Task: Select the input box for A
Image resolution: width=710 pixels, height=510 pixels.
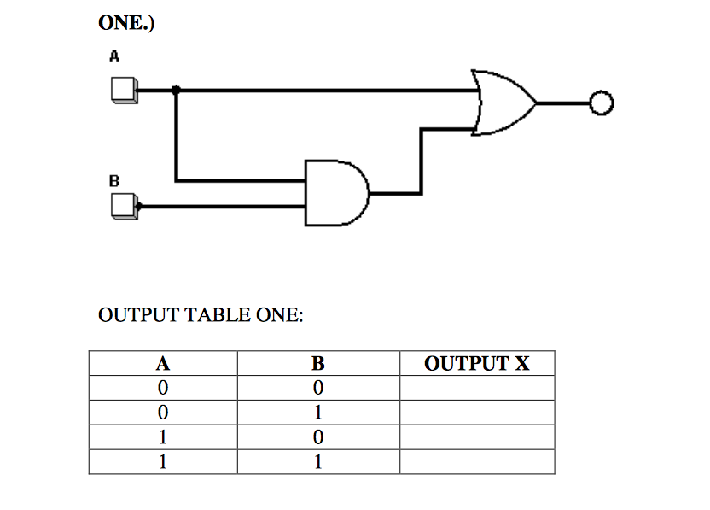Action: (x=124, y=90)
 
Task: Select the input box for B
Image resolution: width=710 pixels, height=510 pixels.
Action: (x=124, y=206)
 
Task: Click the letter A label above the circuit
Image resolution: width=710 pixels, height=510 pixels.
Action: (x=113, y=57)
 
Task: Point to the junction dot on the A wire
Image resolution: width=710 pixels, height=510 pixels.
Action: (x=176, y=89)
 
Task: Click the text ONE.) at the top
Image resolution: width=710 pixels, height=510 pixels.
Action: (x=127, y=23)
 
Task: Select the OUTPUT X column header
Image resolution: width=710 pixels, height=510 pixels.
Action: (x=477, y=364)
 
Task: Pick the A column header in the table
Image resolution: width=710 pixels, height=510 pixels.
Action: (x=163, y=364)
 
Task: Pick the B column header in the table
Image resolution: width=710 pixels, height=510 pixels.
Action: (x=318, y=364)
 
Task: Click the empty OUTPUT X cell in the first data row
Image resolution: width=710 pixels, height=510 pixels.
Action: (x=477, y=388)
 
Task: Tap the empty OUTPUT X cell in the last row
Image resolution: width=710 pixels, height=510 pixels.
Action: (x=477, y=462)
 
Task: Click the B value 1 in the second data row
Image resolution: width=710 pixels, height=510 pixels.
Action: (x=318, y=413)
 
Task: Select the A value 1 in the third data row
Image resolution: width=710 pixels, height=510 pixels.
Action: (x=163, y=437)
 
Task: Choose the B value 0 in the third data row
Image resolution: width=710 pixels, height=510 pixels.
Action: (x=318, y=437)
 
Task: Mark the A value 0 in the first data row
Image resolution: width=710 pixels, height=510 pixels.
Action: (x=163, y=388)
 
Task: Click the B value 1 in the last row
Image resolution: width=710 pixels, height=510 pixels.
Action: (x=318, y=462)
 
